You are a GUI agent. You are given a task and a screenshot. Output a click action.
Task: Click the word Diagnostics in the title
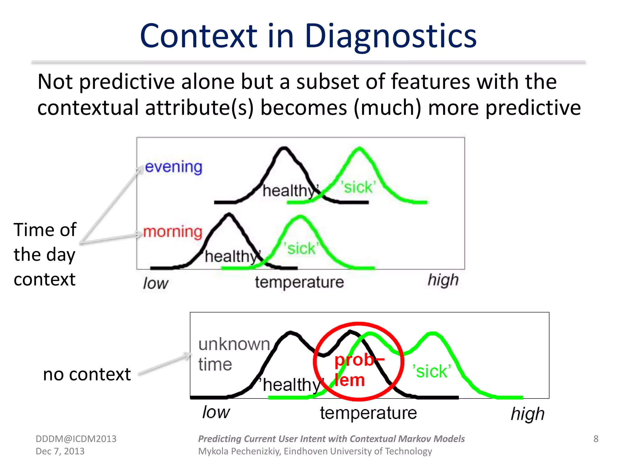tap(390, 36)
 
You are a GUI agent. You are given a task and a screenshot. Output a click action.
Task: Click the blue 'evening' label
tap(173, 167)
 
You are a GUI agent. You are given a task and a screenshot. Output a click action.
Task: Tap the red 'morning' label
tap(172, 232)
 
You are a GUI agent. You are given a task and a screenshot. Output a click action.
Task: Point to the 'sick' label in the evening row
tap(358, 187)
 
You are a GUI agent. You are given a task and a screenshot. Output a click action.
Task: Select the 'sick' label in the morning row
tap(301, 249)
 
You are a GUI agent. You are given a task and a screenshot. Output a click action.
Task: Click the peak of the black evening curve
tap(284, 148)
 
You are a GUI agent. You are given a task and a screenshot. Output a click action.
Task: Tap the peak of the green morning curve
tap(300, 216)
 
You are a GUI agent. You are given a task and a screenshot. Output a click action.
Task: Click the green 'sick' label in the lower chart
tap(431, 371)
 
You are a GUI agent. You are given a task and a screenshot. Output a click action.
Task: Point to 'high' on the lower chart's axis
tap(528, 414)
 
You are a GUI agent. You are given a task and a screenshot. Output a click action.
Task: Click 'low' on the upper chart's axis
tap(155, 283)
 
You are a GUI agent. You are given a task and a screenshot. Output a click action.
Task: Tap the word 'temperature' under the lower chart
tap(368, 413)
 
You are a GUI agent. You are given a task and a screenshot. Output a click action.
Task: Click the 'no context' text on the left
tap(87, 374)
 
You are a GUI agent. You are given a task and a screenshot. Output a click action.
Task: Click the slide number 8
tap(596, 439)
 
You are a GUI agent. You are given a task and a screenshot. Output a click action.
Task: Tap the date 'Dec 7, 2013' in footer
tap(60, 451)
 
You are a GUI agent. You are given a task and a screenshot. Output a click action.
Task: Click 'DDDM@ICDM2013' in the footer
tap(76, 439)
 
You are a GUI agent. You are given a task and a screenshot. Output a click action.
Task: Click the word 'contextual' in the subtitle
tap(88, 108)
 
